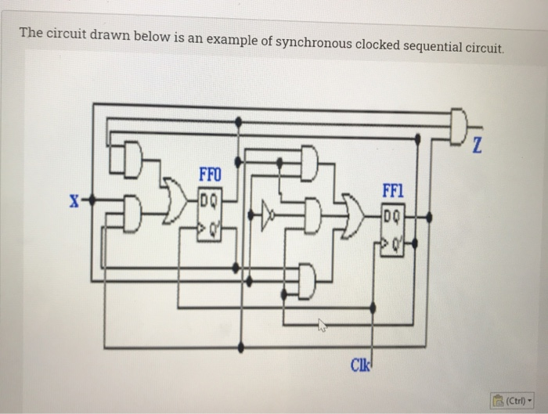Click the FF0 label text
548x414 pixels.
(x=211, y=175)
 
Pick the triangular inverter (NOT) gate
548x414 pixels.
(x=269, y=212)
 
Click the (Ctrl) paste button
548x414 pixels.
(x=510, y=399)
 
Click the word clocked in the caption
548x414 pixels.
(x=377, y=45)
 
